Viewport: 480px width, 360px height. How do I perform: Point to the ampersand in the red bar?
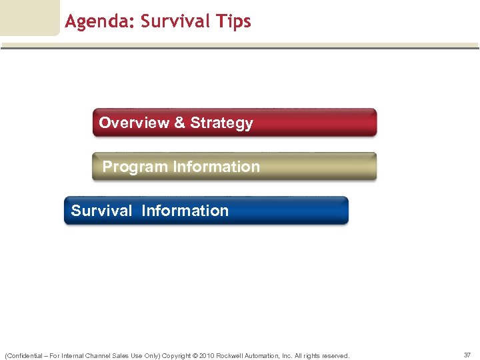click(179, 123)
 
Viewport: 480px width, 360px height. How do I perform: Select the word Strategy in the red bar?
click(221, 123)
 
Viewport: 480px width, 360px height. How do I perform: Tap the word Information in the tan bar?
click(216, 167)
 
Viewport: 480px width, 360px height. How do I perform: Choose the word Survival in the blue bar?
click(101, 211)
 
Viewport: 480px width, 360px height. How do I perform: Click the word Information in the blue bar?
click(185, 211)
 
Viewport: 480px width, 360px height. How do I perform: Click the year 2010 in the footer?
click(207, 355)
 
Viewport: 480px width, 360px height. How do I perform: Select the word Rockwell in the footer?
click(231, 355)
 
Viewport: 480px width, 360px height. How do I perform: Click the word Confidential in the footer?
click(24, 355)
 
